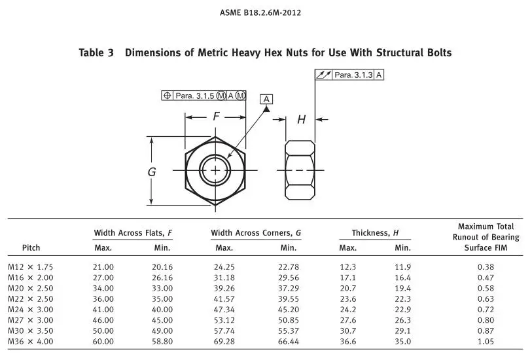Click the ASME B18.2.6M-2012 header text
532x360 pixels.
click(x=265, y=12)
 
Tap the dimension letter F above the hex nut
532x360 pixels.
click(x=216, y=117)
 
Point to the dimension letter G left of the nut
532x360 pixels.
click(x=152, y=172)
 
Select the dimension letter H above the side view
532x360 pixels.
click(x=301, y=120)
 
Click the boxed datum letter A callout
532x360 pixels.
click(x=266, y=99)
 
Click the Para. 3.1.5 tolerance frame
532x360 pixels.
click(x=204, y=96)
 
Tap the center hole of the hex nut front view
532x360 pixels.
click(x=215, y=170)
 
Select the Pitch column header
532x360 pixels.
click(x=31, y=247)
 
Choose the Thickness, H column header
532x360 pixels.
click(x=375, y=233)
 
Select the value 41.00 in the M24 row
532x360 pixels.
click(x=103, y=310)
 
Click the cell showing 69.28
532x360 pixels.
click(x=224, y=342)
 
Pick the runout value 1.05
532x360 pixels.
click(x=486, y=342)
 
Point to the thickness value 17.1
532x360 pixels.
click(x=347, y=278)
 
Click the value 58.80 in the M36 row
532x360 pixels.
click(x=162, y=342)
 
